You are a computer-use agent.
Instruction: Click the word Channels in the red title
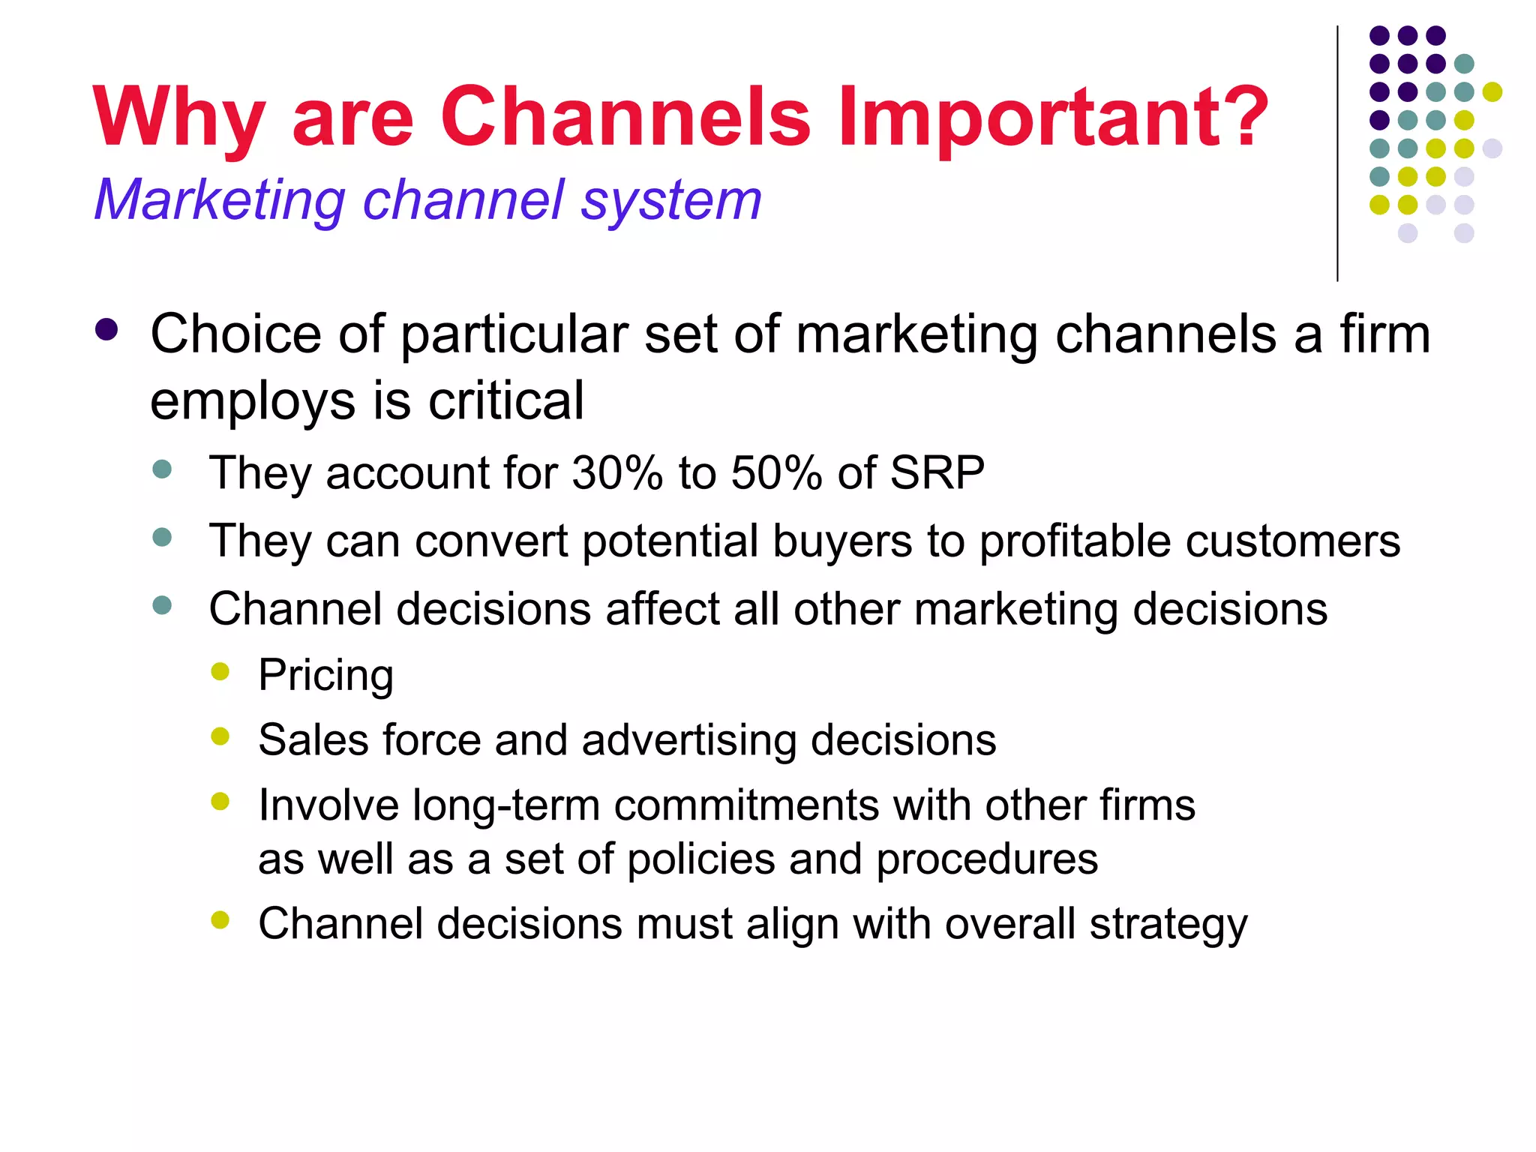point(625,116)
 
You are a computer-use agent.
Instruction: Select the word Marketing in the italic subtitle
point(219,201)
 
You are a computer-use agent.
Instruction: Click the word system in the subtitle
point(671,201)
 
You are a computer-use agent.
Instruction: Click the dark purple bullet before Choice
point(107,330)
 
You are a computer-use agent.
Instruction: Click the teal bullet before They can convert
point(162,538)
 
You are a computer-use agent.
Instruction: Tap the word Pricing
point(325,675)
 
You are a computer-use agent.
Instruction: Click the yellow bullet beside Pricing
point(220,671)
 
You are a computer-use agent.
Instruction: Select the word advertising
point(688,740)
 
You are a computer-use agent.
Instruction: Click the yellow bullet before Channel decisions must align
point(220,920)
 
